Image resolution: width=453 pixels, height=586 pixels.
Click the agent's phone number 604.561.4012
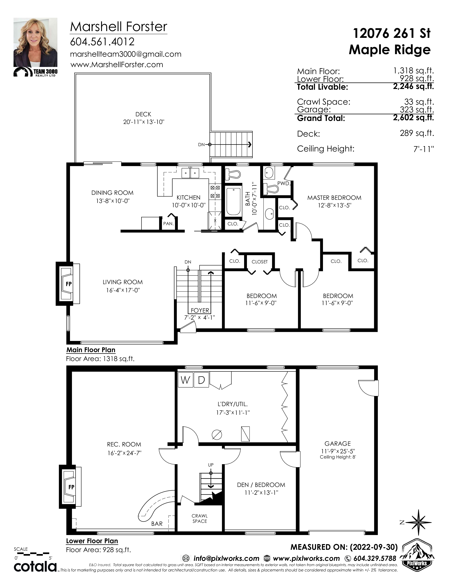coord(102,42)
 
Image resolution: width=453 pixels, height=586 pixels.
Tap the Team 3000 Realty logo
coord(35,72)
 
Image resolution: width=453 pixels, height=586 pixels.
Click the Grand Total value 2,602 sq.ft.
coord(413,118)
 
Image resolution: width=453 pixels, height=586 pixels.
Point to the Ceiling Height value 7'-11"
coord(424,149)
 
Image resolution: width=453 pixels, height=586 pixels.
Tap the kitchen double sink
coord(190,173)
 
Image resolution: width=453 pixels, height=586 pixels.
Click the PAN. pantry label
coord(168,224)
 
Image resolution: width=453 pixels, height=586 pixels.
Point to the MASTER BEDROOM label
coord(334,198)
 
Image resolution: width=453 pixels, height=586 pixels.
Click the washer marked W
coord(185,380)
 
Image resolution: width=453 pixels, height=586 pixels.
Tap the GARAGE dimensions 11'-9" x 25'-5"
coord(338,451)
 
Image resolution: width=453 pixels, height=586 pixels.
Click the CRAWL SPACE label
coord(200,518)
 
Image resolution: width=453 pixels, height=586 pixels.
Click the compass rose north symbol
coord(419,522)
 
